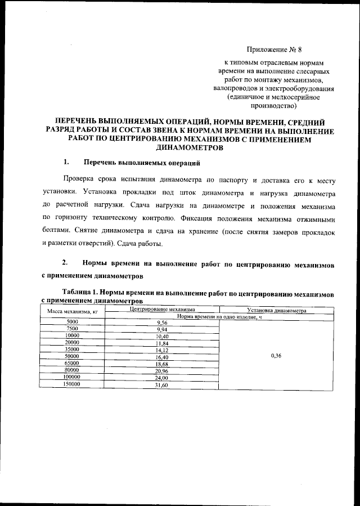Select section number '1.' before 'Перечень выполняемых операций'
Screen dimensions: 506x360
(x=66, y=163)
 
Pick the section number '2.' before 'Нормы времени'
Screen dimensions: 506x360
(x=66, y=263)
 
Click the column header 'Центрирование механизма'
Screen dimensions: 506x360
(x=162, y=310)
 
